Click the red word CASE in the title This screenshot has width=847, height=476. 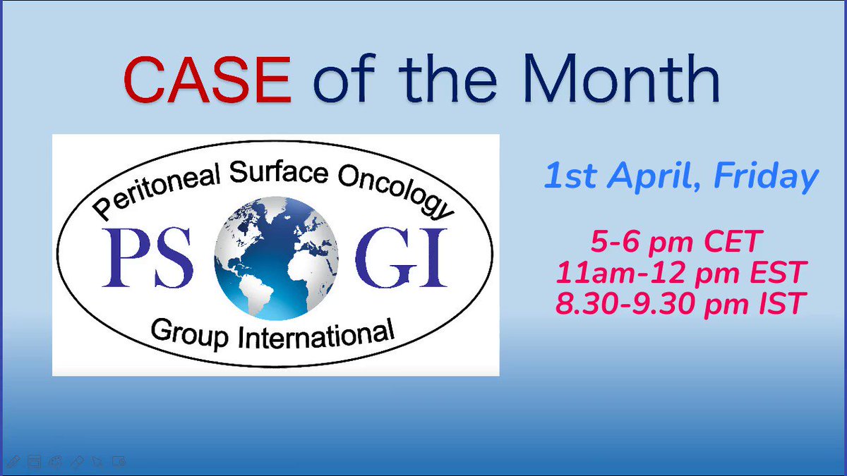pyautogui.click(x=208, y=79)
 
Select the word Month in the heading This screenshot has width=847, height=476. pyautogui.click(x=622, y=78)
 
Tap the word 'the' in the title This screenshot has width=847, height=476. pyautogui.click(x=447, y=78)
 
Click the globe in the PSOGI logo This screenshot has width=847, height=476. pyautogui.click(x=276, y=258)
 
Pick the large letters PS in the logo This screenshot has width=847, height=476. pyautogui.click(x=148, y=257)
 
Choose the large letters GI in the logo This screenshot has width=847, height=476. pyautogui.click(x=401, y=257)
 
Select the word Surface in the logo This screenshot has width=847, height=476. pyautogui.click(x=279, y=173)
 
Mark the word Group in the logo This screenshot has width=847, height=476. pyautogui.click(x=189, y=334)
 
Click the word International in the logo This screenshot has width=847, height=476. pyautogui.click(x=316, y=335)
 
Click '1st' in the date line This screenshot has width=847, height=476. pyautogui.click(x=571, y=176)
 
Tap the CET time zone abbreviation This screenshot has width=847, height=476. pyautogui.click(x=733, y=242)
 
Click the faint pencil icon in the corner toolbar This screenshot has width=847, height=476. pyautogui.click(x=13, y=461)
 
